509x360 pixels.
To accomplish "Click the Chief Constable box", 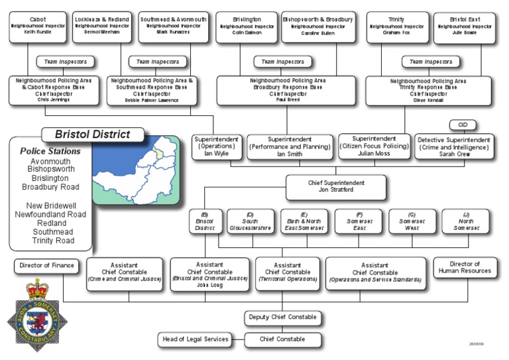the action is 282,339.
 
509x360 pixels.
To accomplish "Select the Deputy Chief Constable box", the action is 282,318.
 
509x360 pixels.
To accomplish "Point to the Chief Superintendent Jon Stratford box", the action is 337,186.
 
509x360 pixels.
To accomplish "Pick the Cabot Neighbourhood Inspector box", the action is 38,27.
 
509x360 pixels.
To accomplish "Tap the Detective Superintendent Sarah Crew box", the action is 454,147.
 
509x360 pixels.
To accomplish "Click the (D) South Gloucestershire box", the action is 249,221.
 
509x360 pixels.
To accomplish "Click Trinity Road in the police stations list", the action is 52,240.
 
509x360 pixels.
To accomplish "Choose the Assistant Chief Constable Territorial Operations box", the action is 287,272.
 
